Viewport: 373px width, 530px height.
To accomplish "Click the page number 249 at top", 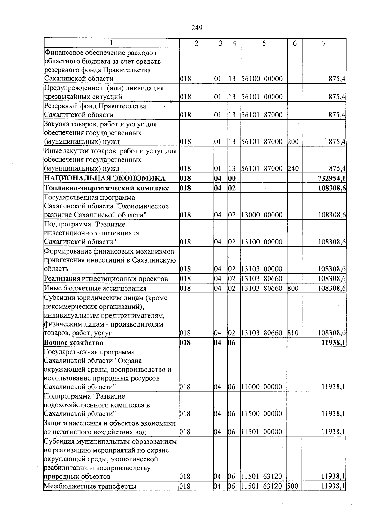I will tap(197, 28).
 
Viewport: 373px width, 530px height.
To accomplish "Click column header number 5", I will tap(264, 43).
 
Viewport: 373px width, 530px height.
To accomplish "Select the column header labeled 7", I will tap(324, 43).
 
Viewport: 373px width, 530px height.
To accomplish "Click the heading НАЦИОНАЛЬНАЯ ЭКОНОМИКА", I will tap(105, 178).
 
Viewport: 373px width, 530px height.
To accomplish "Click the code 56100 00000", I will tap(262, 79).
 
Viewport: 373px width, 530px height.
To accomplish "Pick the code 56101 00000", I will tap(262, 97).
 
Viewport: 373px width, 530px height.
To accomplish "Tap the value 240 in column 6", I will tap(293, 169).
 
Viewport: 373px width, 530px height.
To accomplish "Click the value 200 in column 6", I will tap(293, 142).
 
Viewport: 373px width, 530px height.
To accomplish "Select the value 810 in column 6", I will tap(293, 333).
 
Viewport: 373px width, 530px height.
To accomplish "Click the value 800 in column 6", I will tap(293, 288).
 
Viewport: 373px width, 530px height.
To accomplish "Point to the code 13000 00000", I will tap(262, 215).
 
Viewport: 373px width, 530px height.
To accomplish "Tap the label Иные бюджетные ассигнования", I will tap(95, 288).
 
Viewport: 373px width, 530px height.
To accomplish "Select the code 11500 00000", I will tap(262, 414).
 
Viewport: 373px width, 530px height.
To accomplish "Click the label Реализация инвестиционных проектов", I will tap(106, 279).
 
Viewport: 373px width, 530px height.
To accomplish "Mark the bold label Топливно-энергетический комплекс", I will tap(107, 188).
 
